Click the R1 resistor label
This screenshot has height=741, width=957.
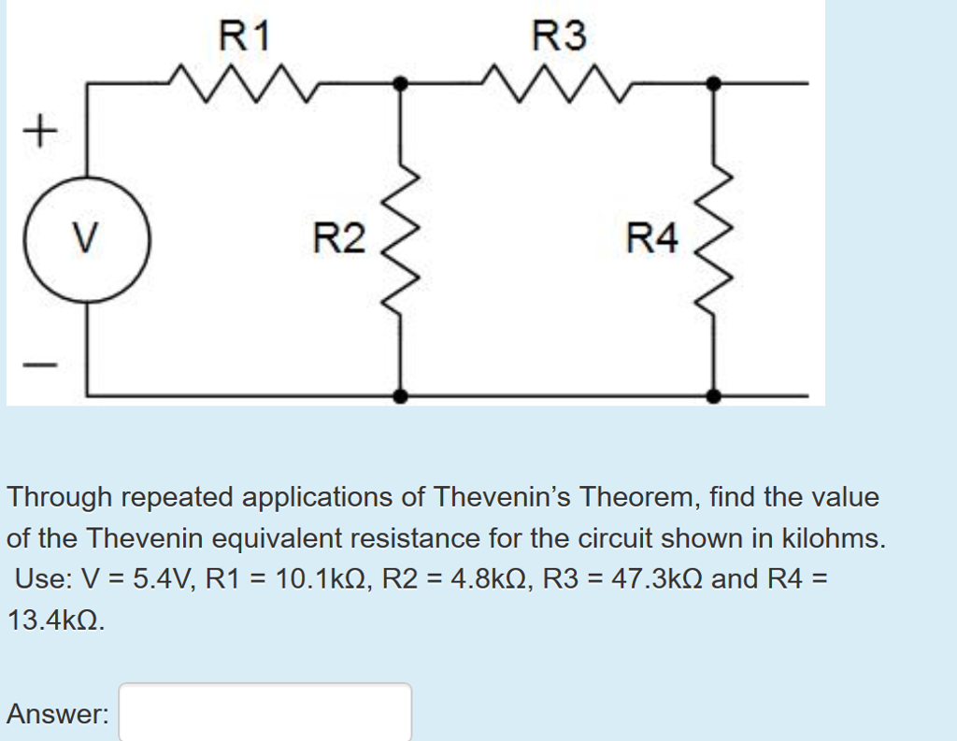pos(245,36)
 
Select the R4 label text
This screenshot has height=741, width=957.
pos(652,239)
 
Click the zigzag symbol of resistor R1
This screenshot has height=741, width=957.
pos(245,83)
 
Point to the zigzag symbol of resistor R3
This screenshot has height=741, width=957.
pos(559,83)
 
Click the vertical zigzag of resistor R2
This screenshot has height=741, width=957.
pos(401,239)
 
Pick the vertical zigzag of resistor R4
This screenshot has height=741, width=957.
pos(714,239)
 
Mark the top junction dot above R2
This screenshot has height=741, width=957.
pos(401,83)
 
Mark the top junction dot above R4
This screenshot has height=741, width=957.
pos(714,83)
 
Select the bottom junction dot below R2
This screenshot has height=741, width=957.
pos(401,396)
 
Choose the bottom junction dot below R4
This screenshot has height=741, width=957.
pos(714,396)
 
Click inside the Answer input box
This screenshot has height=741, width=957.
pos(264,714)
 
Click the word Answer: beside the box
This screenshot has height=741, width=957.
pos(58,715)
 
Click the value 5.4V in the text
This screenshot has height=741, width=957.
pos(157,578)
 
